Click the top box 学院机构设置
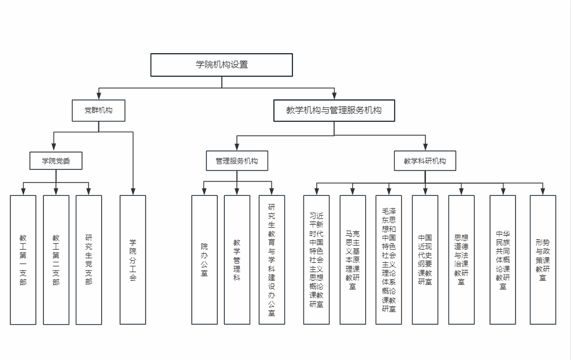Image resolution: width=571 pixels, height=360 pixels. coord(221,65)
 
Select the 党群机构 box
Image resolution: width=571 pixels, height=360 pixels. coord(98,110)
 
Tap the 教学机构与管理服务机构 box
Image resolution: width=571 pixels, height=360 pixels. coord(334,110)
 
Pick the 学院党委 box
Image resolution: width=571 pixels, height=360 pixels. coord(55,161)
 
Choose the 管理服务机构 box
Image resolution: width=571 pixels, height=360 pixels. coord(237,161)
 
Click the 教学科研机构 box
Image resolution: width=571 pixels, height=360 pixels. coord(425,161)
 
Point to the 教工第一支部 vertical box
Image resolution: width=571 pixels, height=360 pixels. coord(23,259)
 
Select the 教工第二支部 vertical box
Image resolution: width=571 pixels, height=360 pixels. coord(56,259)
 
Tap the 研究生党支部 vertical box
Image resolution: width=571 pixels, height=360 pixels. coord(89,259)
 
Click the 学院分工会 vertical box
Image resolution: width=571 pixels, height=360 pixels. coord(133,259)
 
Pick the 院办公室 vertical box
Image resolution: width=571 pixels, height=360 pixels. coord(205,259)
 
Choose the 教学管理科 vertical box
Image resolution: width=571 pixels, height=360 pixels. coord(237,259)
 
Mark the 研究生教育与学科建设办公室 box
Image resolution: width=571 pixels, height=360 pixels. coord(272,259)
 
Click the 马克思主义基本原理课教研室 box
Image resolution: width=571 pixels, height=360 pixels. coord(353,259)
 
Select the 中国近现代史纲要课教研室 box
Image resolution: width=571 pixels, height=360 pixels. coord(425,259)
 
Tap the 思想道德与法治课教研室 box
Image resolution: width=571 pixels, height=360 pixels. coord(461,259)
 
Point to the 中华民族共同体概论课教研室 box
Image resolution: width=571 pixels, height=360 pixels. coord(503,259)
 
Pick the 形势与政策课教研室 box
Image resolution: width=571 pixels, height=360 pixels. coord(543,259)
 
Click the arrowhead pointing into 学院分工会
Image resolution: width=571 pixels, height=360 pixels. coord(133,192)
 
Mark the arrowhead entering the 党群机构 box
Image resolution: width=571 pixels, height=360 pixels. coord(98,97)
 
